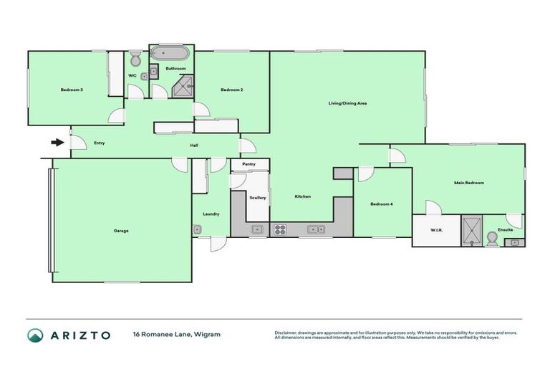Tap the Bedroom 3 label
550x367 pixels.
[x=72, y=90]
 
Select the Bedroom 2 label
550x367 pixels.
[x=232, y=90]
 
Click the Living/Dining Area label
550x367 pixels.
[x=347, y=104]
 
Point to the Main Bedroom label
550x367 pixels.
[x=469, y=183]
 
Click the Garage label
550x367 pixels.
[x=121, y=231]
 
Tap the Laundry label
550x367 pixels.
[x=211, y=214]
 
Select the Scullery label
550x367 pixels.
[x=258, y=198]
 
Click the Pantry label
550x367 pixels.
[x=249, y=164]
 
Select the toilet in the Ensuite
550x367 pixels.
[x=492, y=239]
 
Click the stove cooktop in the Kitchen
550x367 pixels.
[x=279, y=229]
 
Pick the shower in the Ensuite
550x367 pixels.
[x=471, y=229]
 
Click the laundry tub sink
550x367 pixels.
[x=197, y=229]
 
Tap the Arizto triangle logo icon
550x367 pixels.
[x=35, y=335]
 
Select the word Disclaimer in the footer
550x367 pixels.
[x=287, y=333]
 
